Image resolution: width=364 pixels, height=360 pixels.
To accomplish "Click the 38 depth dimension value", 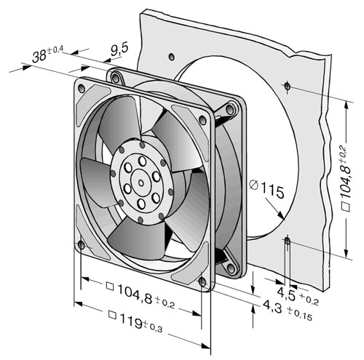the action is (x=39, y=57).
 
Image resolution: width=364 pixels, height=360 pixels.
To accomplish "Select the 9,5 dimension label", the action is (x=119, y=49).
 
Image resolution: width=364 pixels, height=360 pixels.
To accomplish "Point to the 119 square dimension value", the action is (x=131, y=321).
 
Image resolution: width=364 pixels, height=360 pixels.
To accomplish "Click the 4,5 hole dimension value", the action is (x=286, y=293).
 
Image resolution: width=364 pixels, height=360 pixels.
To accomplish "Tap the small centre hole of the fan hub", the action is (x=141, y=183).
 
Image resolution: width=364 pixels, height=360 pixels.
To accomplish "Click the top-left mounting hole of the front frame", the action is (x=82, y=88).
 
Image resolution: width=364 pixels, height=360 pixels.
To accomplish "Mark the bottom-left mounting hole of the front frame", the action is (x=82, y=245).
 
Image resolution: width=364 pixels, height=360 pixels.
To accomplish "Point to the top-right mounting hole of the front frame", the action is (x=202, y=119).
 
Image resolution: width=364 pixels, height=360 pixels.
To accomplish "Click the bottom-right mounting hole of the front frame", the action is (x=202, y=282).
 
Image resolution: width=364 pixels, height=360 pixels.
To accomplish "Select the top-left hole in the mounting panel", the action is (x=171, y=57).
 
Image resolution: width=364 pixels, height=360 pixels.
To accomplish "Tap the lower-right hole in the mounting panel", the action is (x=288, y=241).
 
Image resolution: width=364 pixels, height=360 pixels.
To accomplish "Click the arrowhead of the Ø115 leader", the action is (x=281, y=215).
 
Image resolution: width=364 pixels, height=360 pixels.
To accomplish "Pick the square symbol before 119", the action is (x=112, y=315).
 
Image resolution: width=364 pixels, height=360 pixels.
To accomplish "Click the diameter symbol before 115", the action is (x=254, y=185).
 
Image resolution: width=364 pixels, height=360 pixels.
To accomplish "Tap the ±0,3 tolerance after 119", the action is (x=153, y=327).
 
